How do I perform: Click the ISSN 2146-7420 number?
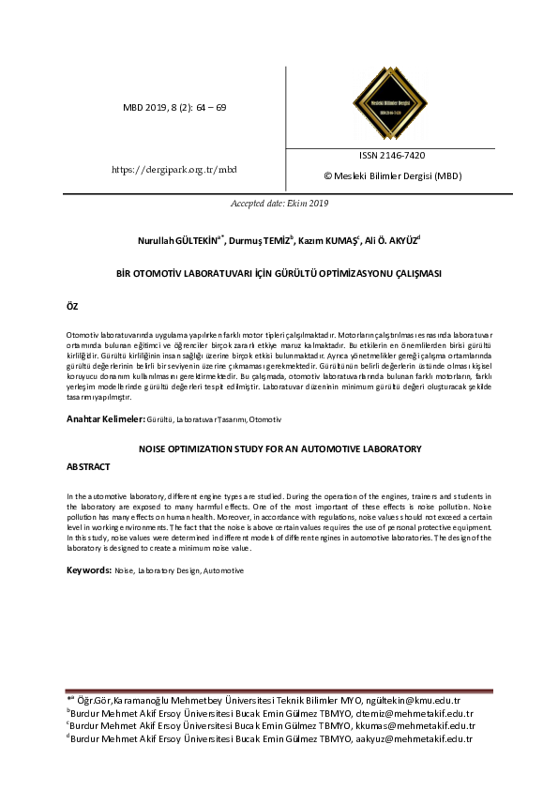click(x=391, y=156)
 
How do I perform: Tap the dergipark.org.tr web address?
click(x=174, y=169)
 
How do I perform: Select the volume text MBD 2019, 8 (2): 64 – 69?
click(x=174, y=108)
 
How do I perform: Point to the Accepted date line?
click(x=279, y=203)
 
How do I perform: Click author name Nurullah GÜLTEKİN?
click(x=175, y=240)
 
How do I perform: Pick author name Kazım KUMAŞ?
click(x=327, y=240)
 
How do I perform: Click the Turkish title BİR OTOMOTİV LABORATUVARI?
click(x=279, y=273)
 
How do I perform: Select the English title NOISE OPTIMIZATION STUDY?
click(x=279, y=449)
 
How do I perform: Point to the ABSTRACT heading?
click(x=89, y=466)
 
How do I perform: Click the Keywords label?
click(x=90, y=570)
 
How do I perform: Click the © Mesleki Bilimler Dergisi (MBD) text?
click(x=392, y=175)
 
